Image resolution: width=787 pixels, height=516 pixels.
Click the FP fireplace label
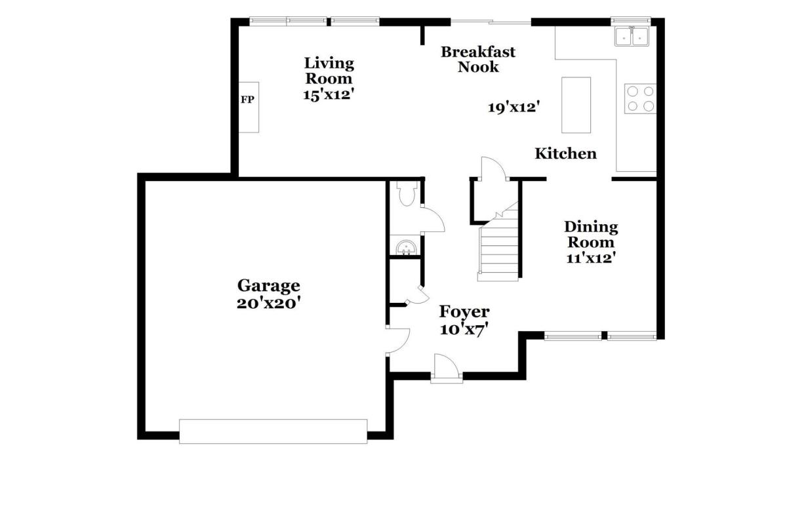pos(247,100)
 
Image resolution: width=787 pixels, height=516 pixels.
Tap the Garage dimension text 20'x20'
pos(269,303)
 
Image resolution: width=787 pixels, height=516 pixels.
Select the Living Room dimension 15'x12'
pos(329,94)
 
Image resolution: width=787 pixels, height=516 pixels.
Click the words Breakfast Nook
pos(478,60)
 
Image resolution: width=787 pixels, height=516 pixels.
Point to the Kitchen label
pos(565,153)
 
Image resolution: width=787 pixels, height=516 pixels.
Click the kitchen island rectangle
pos(576,105)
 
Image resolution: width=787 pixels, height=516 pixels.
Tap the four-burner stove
pos(640,99)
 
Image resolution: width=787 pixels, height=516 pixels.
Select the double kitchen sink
pos(632,37)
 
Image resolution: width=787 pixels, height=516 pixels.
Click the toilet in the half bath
pos(407,193)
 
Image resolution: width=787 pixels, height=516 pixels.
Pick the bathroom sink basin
pos(407,248)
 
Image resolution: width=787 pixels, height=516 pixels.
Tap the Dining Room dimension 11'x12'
pos(591,258)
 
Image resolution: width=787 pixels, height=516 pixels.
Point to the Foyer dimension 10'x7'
pos(464,330)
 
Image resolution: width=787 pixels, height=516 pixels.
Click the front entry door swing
pos(447,368)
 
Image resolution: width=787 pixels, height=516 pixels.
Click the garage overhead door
pos(273,431)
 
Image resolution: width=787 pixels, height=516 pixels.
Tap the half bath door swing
pos(433,220)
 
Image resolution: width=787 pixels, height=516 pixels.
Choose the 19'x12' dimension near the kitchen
pos(514,108)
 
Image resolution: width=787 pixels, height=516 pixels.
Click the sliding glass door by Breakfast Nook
pos(491,22)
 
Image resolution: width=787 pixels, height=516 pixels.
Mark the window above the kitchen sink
pos(631,21)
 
